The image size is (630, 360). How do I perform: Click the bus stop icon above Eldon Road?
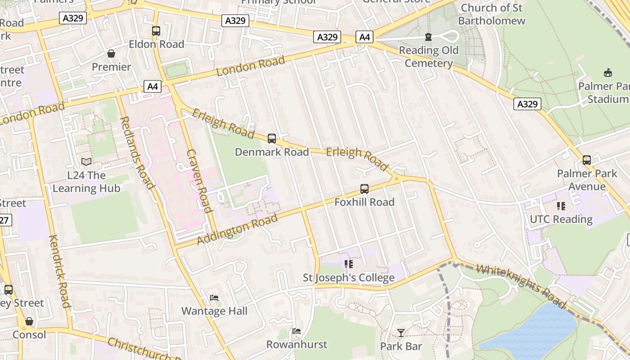(156, 31)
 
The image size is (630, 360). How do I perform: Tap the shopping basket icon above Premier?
(111, 54)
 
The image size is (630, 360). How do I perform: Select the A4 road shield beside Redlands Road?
(153, 86)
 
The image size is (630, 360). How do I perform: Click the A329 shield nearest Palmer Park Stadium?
(527, 104)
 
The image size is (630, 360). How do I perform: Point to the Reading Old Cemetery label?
(428, 57)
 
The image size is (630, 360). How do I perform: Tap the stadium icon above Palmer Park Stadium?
(608, 72)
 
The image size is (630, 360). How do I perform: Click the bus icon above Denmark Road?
(272, 139)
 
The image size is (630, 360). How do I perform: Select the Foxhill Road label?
(364, 202)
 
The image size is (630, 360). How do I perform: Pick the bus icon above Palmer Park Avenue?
(587, 160)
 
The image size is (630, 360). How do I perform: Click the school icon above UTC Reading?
(561, 206)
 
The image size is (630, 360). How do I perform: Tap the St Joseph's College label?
(348, 278)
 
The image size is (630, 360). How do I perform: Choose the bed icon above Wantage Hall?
(214, 298)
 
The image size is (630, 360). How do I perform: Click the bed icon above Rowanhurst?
(296, 331)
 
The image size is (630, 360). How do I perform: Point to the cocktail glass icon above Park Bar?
(400, 333)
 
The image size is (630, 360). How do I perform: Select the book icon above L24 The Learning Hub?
(86, 162)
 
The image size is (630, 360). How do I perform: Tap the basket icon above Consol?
(29, 321)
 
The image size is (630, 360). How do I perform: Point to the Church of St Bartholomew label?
(491, 14)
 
